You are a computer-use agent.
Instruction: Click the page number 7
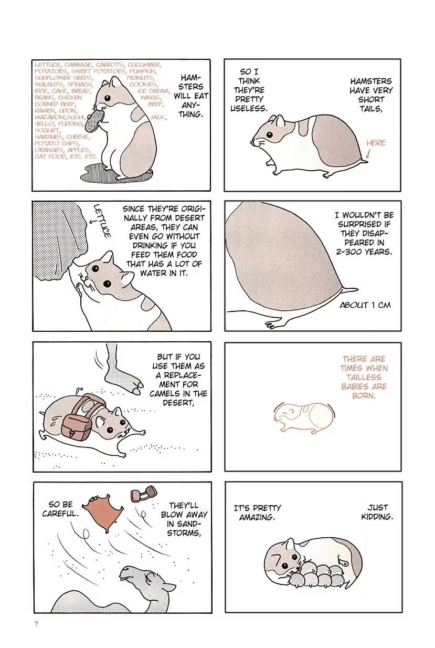36,624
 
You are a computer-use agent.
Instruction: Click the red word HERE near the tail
376,143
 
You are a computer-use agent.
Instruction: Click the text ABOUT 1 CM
365,305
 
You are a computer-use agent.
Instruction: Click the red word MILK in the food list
158,117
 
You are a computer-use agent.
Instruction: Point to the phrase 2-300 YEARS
364,252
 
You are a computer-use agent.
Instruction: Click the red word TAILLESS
364,377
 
